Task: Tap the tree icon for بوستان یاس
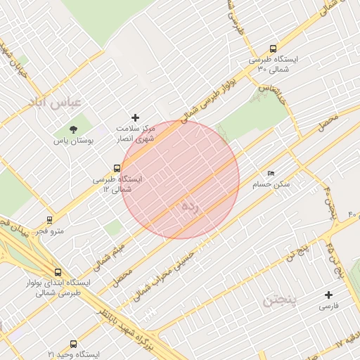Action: pyautogui.click(x=73, y=129)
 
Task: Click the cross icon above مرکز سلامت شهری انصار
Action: pyautogui.click(x=136, y=117)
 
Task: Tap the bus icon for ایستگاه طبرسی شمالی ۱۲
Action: pyautogui.click(x=117, y=168)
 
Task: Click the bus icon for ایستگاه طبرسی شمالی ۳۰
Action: pyautogui.click(x=273, y=49)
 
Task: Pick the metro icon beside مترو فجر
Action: pyautogui.click(x=49, y=219)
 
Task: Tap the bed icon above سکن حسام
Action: pyautogui.click(x=271, y=174)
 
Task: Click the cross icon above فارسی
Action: pyautogui.click(x=328, y=295)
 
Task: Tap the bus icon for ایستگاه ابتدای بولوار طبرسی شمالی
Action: pyautogui.click(x=58, y=272)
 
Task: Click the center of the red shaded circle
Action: pyautogui.click(x=181, y=179)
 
